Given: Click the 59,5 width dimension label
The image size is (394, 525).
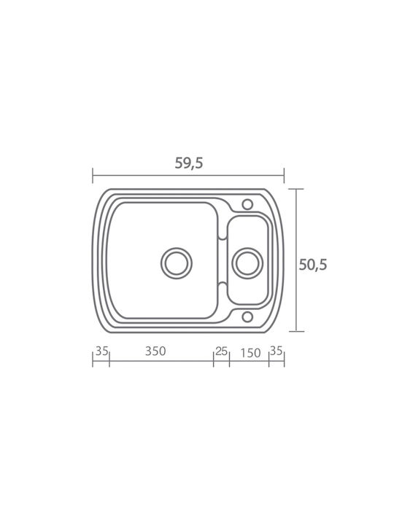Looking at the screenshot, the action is [189, 163].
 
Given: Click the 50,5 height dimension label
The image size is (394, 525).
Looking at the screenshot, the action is [312, 265].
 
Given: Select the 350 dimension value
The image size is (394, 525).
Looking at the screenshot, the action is [155, 351].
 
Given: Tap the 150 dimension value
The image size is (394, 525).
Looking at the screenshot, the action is [250, 353].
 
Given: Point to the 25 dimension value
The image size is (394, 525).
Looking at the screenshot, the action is [222, 351].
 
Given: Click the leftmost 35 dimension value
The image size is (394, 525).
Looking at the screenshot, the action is [102, 351].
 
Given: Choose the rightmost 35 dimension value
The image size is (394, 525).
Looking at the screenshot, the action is [276, 351].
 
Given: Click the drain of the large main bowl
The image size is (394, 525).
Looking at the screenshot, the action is [177, 262].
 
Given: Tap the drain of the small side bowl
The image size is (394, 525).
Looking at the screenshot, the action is [247, 262].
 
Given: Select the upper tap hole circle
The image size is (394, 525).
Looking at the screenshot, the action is [247, 204].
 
